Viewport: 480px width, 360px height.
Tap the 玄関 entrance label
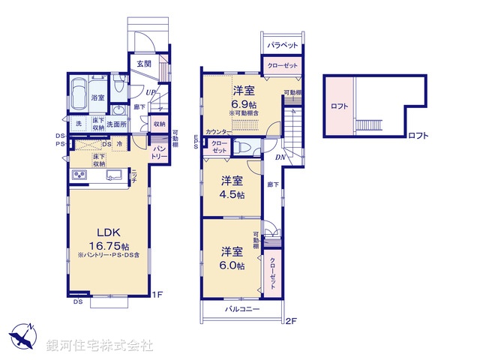(x=144, y=64)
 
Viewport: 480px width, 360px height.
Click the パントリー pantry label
(x=160, y=152)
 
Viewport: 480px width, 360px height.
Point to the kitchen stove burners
(x=80, y=176)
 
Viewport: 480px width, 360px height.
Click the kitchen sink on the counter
(x=114, y=175)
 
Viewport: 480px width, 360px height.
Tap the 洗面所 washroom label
(x=116, y=124)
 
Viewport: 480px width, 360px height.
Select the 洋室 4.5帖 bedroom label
(x=231, y=187)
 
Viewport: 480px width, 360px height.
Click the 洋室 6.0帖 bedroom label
(x=232, y=257)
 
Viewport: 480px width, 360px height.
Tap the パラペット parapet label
(x=282, y=45)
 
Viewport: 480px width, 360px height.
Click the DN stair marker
(x=278, y=157)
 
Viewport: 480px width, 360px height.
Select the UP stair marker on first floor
(x=150, y=93)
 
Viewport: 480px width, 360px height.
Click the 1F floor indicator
(x=159, y=293)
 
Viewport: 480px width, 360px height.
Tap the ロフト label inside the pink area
(x=340, y=106)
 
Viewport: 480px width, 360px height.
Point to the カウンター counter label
(x=217, y=131)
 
